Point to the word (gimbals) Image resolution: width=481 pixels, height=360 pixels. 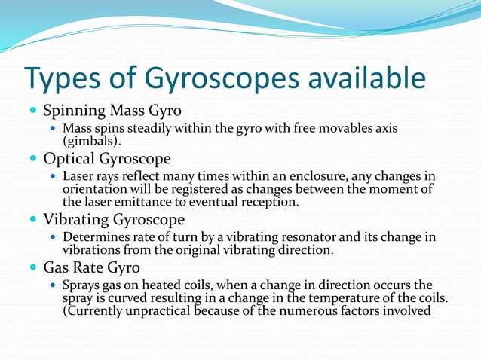(90, 140)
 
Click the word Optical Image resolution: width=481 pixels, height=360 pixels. (72, 160)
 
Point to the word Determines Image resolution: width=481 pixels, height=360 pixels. (97, 237)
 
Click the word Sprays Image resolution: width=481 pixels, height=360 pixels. (81, 285)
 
